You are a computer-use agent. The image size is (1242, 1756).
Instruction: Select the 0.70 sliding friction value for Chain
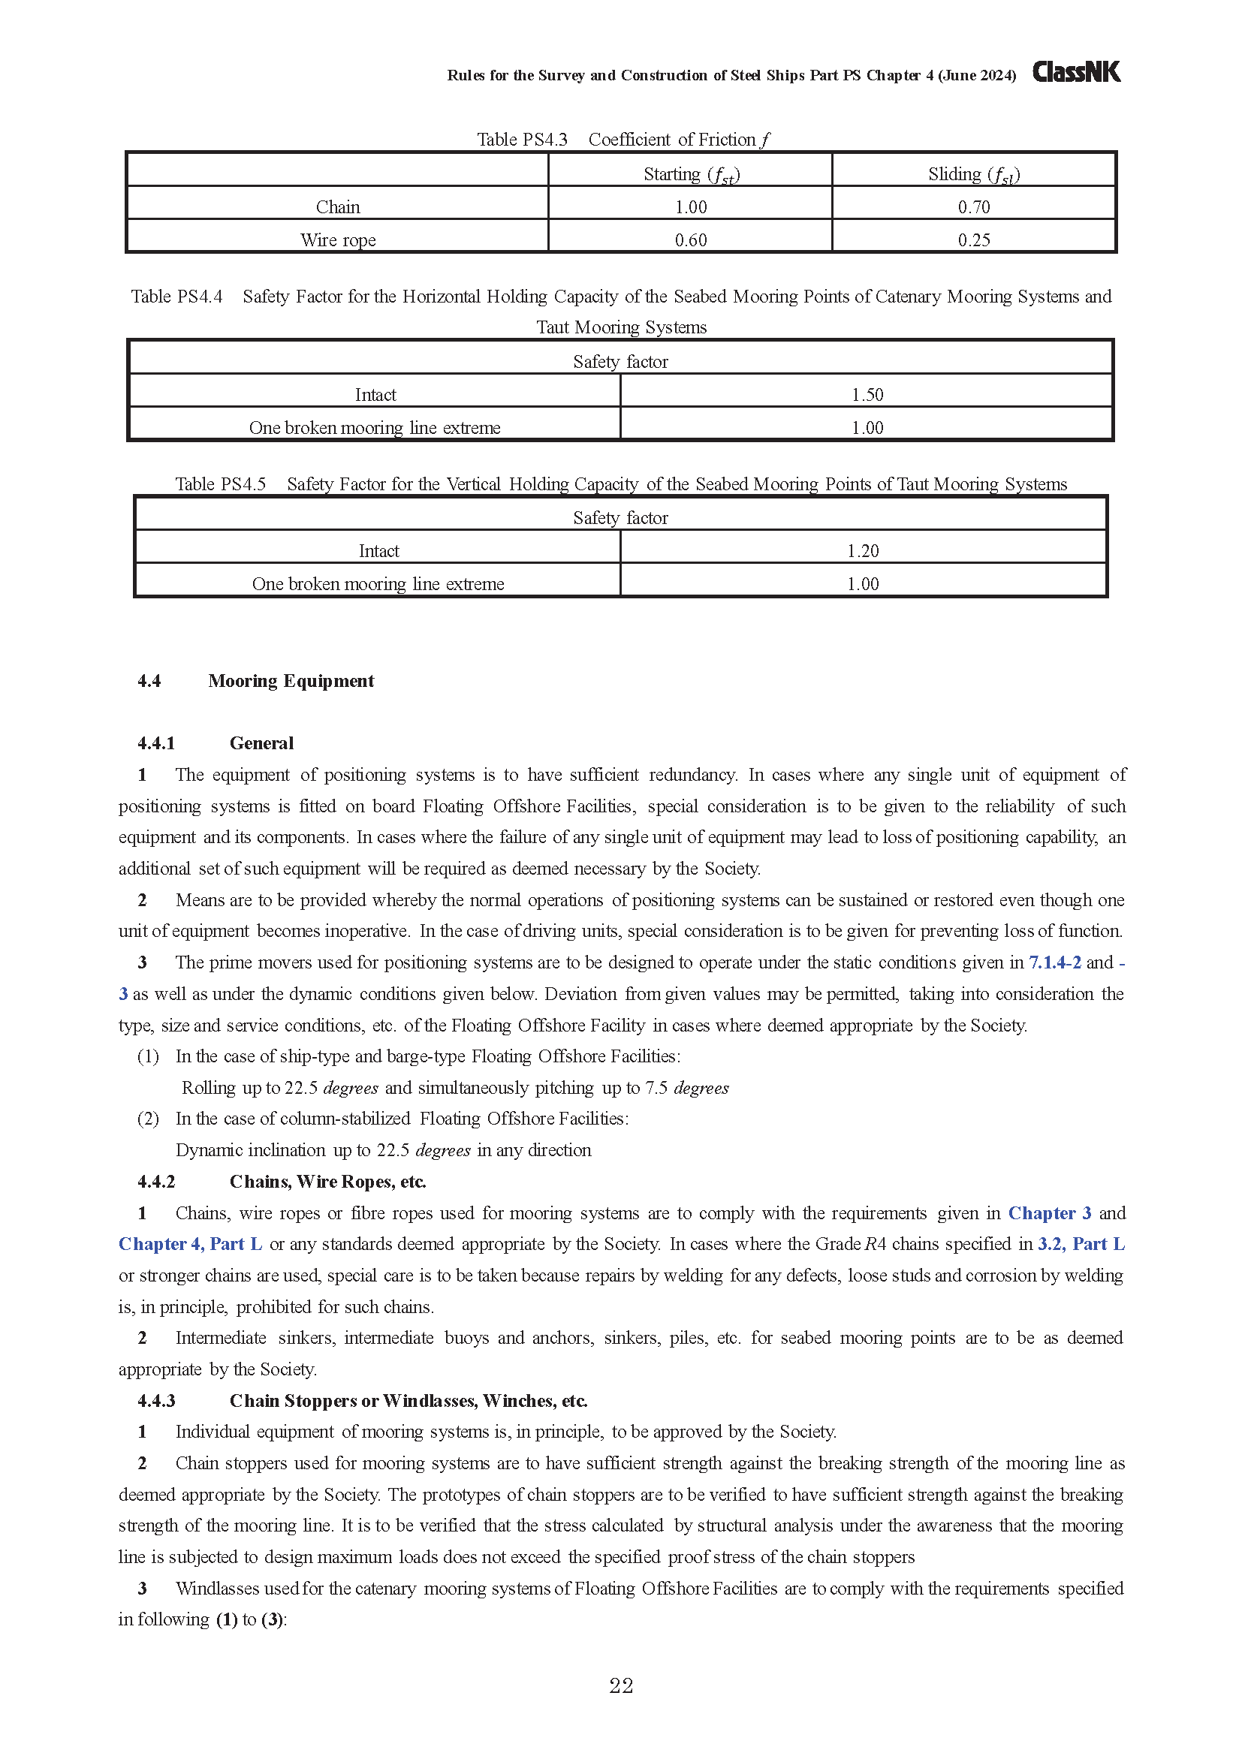[x=974, y=207]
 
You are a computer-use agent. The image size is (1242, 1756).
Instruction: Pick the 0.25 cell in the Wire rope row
[x=974, y=240]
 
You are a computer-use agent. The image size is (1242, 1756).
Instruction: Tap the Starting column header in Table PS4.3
[x=691, y=174]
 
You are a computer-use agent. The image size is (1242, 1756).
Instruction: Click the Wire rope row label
[x=337, y=240]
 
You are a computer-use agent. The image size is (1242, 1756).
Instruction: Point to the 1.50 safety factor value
[x=867, y=395]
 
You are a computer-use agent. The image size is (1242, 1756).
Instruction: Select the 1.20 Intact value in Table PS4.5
[x=863, y=550]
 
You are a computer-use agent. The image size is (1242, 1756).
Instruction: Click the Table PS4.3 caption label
[x=522, y=140]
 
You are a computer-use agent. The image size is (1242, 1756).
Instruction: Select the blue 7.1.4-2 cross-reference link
[x=1054, y=962]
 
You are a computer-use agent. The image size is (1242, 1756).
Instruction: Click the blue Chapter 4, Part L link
[x=191, y=1244]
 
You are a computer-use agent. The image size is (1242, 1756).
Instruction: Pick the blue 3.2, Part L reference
[x=1081, y=1244]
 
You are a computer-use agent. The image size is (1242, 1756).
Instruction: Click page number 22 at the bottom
[x=621, y=1685]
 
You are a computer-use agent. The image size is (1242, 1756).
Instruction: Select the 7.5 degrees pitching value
[x=686, y=1088]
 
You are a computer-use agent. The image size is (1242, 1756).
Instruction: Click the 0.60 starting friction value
[x=691, y=240]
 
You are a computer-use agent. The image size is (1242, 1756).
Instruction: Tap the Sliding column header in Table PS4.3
[x=974, y=174]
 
